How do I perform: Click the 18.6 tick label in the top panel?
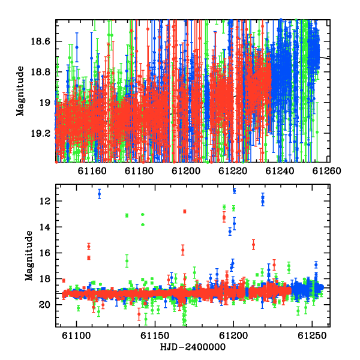(x=40, y=41)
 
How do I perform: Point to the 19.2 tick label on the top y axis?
(x=40, y=133)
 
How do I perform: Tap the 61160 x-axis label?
(x=92, y=171)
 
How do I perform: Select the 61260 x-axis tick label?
(x=327, y=171)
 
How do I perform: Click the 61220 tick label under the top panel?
(x=233, y=171)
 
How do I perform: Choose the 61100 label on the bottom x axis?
(x=76, y=335)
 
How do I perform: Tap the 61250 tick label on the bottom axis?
(x=312, y=335)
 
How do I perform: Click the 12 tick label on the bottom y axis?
(x=44, y=202)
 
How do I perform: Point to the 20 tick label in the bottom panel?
(x=44, y=305)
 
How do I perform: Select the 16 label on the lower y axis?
(x=44, y=253)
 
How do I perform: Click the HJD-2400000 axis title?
(x=193, y=347)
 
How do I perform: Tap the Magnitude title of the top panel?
(x=20, y=91)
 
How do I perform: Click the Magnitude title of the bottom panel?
(x=29, y=256)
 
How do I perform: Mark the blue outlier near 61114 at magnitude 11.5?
(x=100, y=194)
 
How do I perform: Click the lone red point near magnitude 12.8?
(x=185, y=211)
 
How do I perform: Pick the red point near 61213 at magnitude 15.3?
(x=253, y=245)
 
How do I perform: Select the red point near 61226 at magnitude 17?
(x=274, y=265)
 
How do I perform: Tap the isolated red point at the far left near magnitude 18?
(x=64, y=281)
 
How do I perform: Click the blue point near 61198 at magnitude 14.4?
(x=230, y=232)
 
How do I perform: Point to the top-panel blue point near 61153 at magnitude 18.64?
(x=77, y=47)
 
